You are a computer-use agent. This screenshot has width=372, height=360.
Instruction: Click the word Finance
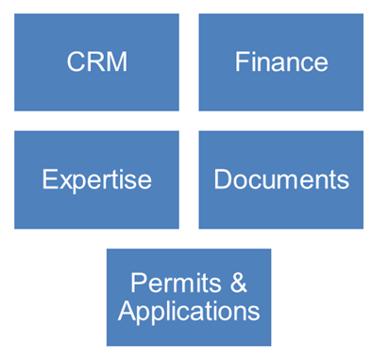280,62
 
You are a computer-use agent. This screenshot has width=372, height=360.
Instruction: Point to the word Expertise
96,180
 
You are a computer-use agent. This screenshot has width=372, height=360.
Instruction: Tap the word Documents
280,180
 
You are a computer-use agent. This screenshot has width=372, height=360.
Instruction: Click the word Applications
188,309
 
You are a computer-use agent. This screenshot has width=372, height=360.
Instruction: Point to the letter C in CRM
76,62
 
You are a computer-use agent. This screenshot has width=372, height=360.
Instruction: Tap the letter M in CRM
117,62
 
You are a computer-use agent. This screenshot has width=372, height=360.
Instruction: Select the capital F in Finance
241,62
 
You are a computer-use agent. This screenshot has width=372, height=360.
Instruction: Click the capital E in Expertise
49,180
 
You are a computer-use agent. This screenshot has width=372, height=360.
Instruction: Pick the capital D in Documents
222,180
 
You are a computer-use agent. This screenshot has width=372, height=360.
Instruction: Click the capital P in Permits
138,283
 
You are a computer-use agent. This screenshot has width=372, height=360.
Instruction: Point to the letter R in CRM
95,62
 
